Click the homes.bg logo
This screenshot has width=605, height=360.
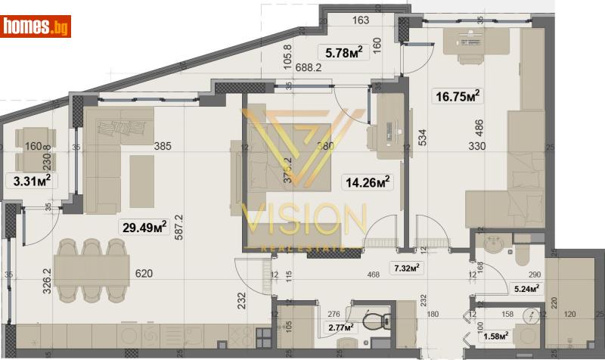(36, 26)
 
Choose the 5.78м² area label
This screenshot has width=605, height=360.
(343, 52)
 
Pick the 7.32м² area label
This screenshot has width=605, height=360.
(406, 267)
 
